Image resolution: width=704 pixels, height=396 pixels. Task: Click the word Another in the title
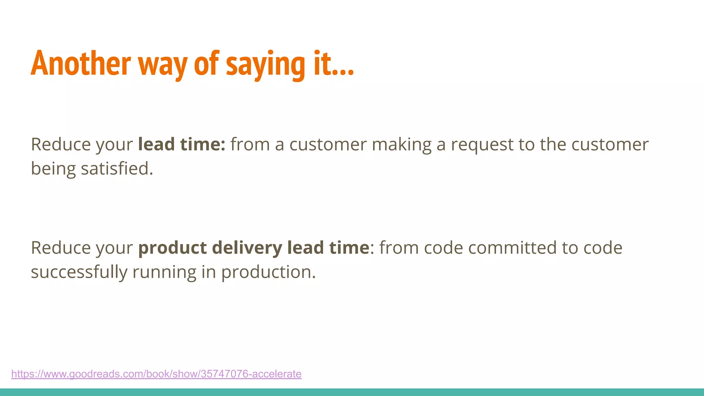[81, 64]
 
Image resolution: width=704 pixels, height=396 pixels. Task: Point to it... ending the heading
[333, 64]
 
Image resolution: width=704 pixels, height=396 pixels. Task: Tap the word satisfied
[117, 168]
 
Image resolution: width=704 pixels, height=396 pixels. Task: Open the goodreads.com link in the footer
[156, 374]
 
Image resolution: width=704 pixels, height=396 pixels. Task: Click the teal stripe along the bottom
[352, 392]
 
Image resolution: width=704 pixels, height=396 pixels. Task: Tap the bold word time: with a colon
[202, 144]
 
